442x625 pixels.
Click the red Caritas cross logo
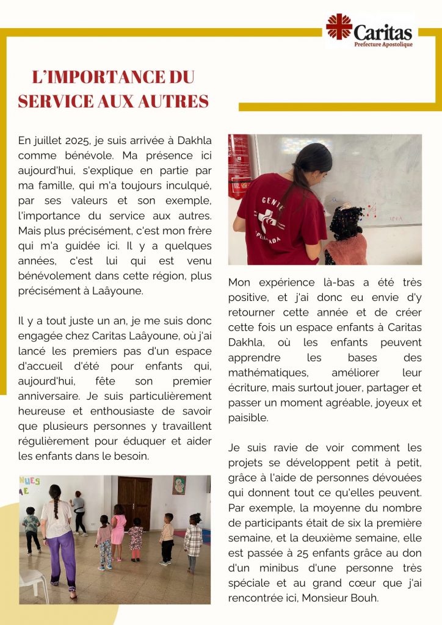click(339, 27)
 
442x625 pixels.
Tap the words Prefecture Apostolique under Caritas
click(383, 45)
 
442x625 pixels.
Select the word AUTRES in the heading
click(177, 101)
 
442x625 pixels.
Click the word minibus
click(269, 568)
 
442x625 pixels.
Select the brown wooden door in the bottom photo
click(134, 503)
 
